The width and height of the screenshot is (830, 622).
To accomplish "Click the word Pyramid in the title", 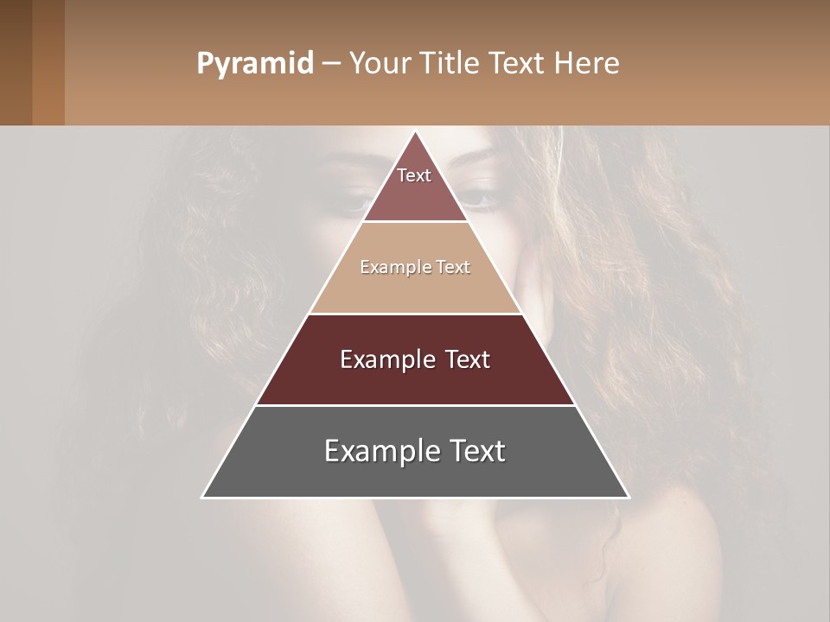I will click(x=254, y=64).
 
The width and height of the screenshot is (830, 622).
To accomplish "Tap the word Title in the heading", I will click(x=451, y=64).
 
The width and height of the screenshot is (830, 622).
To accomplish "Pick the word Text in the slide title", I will click(x=519, y=64).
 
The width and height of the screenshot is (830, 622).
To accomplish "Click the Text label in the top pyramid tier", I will click(x=414, y=175).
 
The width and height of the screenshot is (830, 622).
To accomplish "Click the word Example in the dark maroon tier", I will click(x=385, y=359).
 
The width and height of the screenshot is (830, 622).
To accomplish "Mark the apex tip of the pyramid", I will click(x=416, y=132).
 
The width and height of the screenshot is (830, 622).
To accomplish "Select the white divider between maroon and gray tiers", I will click(x=416, y=405).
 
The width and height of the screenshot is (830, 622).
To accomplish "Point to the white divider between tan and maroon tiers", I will click(x=416, y=314).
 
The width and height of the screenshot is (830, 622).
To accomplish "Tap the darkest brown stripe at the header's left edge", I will click(x=16, y=62).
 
